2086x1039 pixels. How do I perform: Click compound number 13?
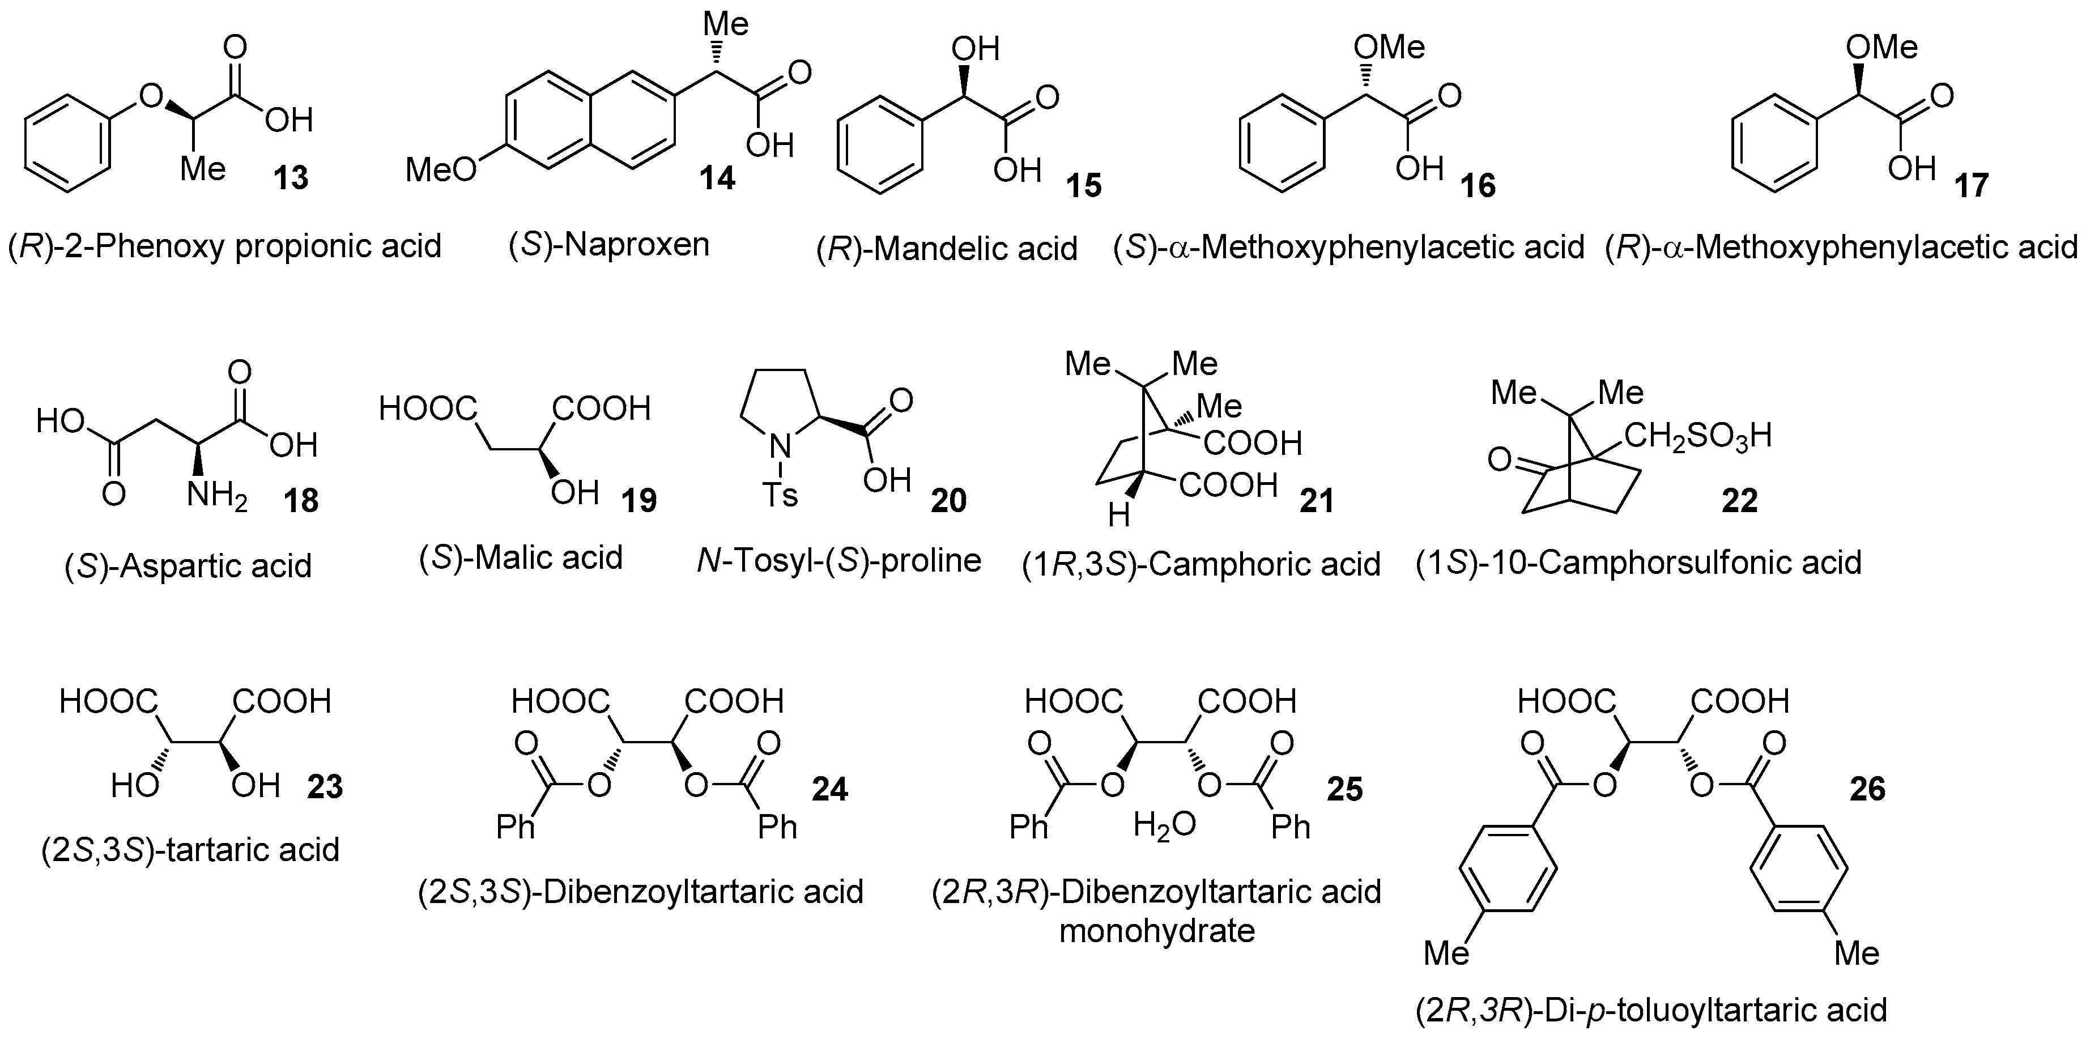click(x=290, y=177)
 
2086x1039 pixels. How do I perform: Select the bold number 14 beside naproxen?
click(x=717, y=178)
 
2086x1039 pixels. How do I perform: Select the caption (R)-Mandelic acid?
click(x=947, y=249)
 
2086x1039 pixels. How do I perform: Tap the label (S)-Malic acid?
click(x=521, y=558)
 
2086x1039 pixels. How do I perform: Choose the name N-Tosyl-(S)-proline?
click(x=839, y=560)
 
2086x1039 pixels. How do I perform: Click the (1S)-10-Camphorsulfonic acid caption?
click(x=1639, y=562)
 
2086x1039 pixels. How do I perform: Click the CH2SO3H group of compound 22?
click(x=1697, y=436)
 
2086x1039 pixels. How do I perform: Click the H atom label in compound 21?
click(x=1118, y=515)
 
